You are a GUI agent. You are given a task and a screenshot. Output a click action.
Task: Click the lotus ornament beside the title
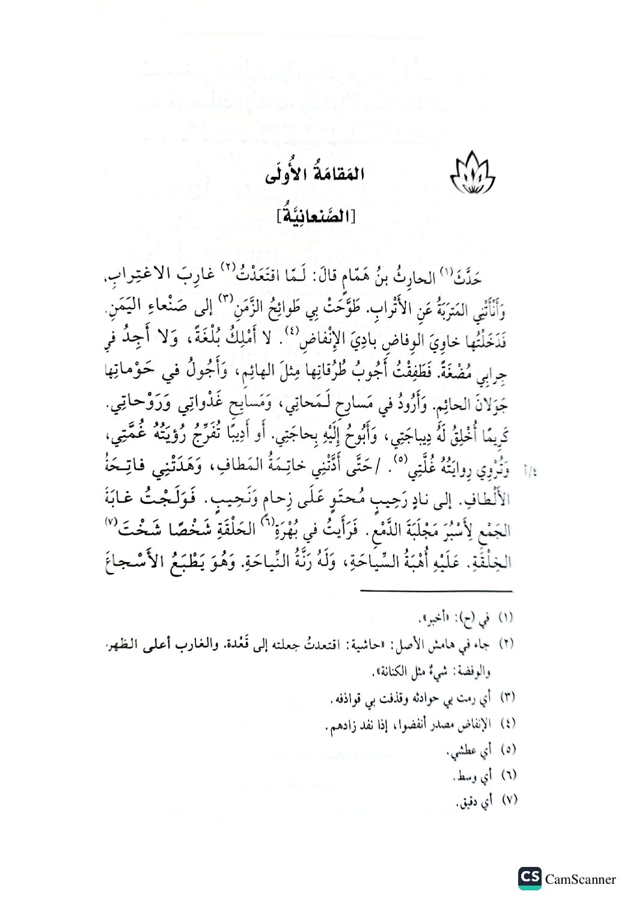click(x=472, y=176)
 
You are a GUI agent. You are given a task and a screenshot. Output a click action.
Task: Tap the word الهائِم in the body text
click(x=271, y=374)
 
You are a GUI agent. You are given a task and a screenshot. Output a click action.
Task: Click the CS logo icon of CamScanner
click(x=530, y=879)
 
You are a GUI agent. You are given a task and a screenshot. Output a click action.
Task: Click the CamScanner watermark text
click(x=581, y=880)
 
